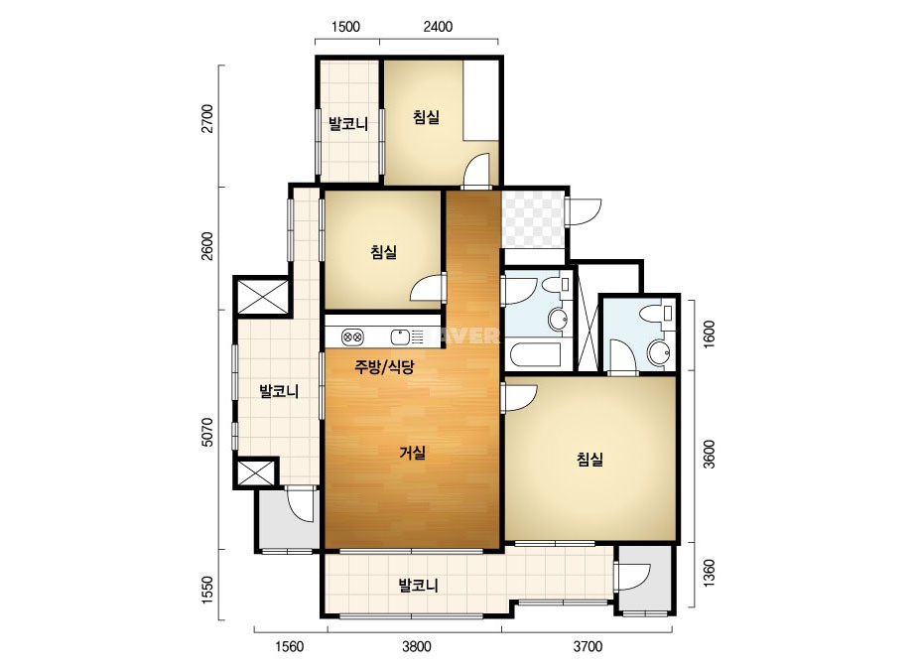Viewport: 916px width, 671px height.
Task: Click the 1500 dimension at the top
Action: [345, 26]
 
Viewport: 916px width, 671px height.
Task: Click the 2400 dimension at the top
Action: [438, 26]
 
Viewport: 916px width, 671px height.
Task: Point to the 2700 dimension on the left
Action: [207, 119]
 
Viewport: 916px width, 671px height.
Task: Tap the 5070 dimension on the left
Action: [207, 433]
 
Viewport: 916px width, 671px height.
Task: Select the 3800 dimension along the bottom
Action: [417, 646]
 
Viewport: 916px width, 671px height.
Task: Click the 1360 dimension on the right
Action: [709, 574]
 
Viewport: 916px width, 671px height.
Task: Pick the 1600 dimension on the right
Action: [709, 335]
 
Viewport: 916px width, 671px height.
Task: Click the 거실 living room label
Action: [413, 453]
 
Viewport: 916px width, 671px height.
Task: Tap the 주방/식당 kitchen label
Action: [384, 367]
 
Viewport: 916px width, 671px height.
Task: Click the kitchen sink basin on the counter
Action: [400, 336]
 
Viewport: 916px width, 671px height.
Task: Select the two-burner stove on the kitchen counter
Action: [353, 336]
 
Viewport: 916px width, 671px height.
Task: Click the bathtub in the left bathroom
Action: [536, 355]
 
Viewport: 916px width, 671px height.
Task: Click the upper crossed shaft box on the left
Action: [262, 297]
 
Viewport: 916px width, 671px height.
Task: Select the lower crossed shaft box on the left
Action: [255, 472]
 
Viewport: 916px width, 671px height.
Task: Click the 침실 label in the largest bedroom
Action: [589, 460]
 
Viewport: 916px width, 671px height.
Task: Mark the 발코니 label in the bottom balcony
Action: [418, 585]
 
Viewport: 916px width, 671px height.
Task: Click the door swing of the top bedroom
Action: [476, 170]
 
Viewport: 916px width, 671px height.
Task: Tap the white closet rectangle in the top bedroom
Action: [480, 99]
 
